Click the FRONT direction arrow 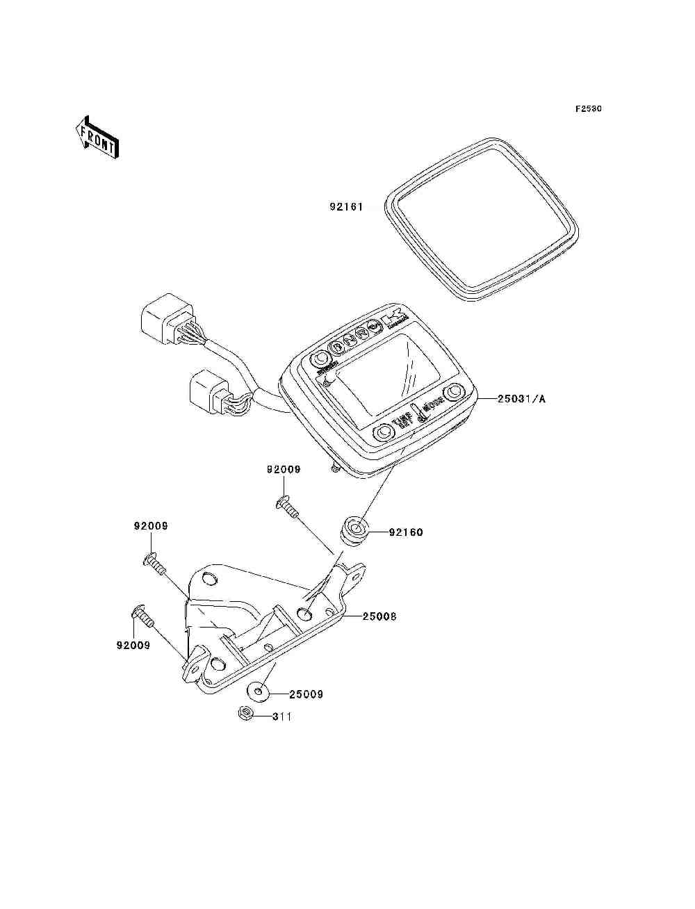pos(97,137)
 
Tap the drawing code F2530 pos(588,109)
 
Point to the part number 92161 pos(346,207)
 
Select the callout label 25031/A pos(521,399)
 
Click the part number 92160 pos(406,532)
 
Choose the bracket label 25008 pos(379,616)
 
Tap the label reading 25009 pos(306,694)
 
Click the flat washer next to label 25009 pos(259,692)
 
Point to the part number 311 pos(281,716)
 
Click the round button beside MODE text pos(455,392)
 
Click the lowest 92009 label pos(133,645)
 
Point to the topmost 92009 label pos(284,470)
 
